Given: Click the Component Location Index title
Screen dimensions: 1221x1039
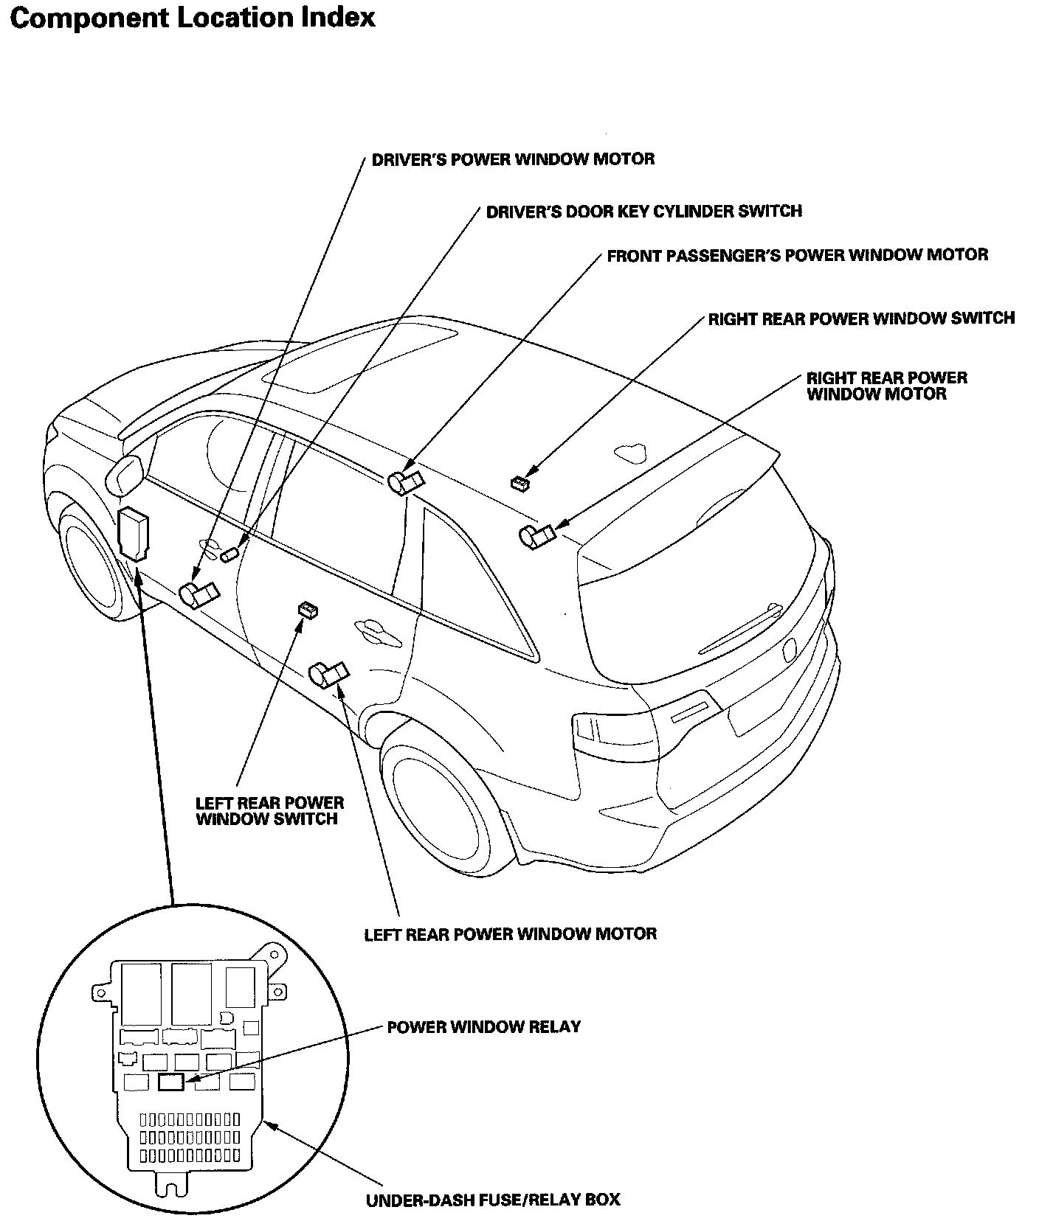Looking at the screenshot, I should [193, 18].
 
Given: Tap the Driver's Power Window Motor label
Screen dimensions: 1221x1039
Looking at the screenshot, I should [513, 159].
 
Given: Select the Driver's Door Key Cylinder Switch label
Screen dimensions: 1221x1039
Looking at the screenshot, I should [643, 212].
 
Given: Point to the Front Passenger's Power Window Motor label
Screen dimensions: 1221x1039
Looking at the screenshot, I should [797, 255].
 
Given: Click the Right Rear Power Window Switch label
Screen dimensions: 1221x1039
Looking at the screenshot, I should [861, 319].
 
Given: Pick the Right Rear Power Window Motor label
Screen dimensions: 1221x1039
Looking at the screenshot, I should [886, 386].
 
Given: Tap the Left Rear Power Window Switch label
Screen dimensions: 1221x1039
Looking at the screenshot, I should [269, 810].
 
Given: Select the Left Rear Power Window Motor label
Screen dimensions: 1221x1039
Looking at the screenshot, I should [510, 934].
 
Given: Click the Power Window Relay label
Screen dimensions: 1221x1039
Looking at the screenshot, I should [483, 1026].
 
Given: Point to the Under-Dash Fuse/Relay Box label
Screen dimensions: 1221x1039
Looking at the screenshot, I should [493, 1200].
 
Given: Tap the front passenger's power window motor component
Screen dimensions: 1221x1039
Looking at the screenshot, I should [405, 481].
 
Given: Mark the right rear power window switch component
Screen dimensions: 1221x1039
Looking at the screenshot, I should [520, 483].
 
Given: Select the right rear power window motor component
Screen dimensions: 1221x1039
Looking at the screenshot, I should [536, 537].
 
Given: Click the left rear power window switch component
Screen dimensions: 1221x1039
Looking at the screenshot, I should [307, 609].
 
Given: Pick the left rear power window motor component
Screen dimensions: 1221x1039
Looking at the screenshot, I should [328, 673].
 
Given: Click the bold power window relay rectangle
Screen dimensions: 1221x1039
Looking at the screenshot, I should [171, 1082].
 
